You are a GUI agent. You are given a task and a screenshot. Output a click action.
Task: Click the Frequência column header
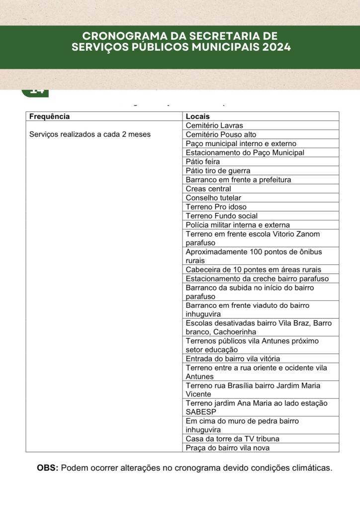(50, 116)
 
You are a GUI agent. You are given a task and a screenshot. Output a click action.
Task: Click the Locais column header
(197, 116)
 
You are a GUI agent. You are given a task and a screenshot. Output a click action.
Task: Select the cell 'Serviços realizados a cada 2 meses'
(90, 134)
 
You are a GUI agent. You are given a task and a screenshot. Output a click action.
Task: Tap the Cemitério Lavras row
(214, 125)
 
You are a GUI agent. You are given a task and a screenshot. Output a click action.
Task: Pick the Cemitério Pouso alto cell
(221, 134)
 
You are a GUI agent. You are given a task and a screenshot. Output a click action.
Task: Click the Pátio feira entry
(202, 162)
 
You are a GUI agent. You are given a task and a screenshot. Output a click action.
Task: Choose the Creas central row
(208, 189)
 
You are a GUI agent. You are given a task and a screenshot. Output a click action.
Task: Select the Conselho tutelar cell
(213, 198)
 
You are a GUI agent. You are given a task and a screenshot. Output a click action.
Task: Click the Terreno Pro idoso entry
(216, 207)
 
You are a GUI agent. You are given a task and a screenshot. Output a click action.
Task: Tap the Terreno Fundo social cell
(222, 216)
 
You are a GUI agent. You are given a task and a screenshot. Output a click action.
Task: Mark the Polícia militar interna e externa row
(238, 225)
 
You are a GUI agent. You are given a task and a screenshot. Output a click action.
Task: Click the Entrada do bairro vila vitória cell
(233, 358)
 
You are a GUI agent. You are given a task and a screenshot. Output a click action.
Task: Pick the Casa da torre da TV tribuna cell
(232, 438)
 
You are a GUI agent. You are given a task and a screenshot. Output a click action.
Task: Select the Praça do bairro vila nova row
(228, 447)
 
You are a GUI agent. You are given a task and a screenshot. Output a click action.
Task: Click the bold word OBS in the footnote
(48, 468)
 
